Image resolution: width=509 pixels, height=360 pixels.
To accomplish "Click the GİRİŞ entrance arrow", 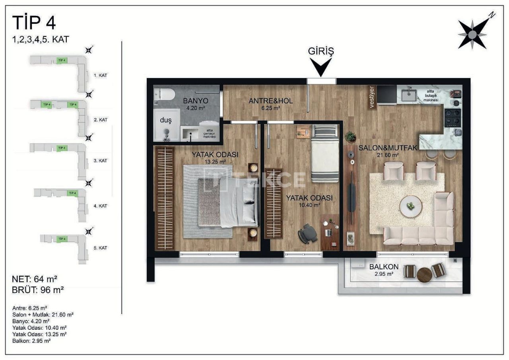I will pos(321,67).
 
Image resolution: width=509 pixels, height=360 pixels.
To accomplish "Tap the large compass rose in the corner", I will pos(472,35).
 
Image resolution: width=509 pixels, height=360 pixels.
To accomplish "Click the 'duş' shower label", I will pos(165,120).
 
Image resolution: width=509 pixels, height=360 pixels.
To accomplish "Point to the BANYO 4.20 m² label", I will pos(194,104).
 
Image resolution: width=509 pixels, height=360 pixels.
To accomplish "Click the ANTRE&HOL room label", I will pos(270,104).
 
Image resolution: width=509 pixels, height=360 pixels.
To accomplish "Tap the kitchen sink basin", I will pos(409,95).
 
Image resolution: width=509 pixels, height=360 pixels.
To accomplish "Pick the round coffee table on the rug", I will pos(411,206).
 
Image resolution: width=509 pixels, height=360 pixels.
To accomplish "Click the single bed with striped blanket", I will pos(325,153).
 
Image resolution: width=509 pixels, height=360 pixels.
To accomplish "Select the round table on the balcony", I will pos(424,274).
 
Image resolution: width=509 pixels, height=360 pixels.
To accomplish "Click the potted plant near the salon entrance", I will pos(350,137).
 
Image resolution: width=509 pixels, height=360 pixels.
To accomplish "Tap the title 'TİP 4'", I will pos(34,23).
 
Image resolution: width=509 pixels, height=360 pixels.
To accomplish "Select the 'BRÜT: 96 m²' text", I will pos(38,290).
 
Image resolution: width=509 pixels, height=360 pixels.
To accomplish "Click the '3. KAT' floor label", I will pos(101,161).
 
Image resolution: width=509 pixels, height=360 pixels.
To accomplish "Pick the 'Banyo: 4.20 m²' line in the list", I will pos(31,321).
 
